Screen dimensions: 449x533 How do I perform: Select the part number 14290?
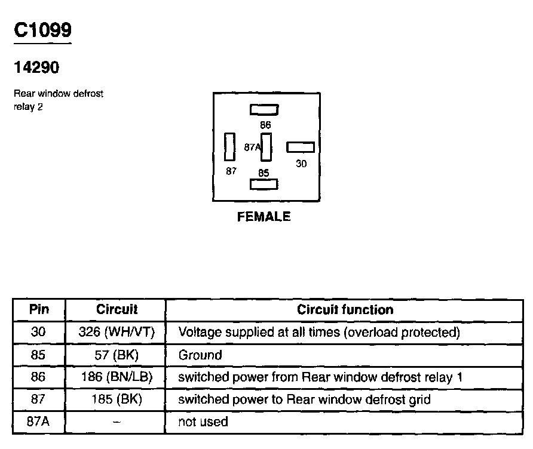tap(36, 68)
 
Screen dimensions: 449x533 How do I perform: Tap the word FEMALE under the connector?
tap(264, 217)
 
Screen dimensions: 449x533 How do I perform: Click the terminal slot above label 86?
tap(264, 110)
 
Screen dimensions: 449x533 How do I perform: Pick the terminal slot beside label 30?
tap(301, 147)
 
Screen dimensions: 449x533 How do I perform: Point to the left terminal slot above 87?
tap(229, 147)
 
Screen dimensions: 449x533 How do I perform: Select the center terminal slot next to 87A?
tap(266, 147)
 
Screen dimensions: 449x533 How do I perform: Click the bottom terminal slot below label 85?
tap(264, 184)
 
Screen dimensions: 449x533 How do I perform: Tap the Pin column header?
tap(39, 309)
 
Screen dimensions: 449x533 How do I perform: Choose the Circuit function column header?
tap(345, 309)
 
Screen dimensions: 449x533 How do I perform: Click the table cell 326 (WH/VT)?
tap(117, 332)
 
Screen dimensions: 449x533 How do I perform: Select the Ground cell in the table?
tap(200, 355)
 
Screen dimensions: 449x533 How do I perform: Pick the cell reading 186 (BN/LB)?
tap(117, 377)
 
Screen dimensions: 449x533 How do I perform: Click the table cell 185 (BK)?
tap(117, 399)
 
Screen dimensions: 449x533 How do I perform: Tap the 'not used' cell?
tap(203, 422)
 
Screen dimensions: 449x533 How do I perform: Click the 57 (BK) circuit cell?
tap(117, 355)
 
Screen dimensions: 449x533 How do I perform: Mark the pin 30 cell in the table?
tap(39, 332)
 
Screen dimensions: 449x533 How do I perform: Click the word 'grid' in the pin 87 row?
tap(419, 399)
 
